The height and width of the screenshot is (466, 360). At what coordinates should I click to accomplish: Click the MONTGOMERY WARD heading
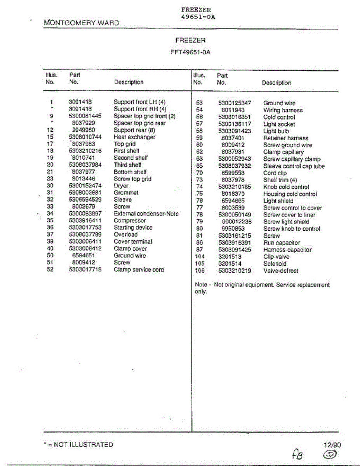pos(82,23)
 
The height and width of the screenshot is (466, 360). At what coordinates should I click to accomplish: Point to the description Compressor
pos(130,221)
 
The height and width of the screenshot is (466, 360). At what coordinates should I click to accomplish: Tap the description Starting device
pos(133,228)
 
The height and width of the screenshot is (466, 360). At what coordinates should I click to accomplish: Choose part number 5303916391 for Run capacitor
pos(235,243)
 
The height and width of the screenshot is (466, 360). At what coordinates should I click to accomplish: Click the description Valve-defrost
pos(281,271)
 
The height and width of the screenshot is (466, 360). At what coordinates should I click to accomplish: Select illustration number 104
pos(199,257)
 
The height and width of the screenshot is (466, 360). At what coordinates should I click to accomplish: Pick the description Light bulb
pos(276,131)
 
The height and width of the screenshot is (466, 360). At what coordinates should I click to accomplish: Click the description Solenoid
pos(275,264)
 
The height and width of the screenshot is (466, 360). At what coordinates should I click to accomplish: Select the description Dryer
pos(121,186)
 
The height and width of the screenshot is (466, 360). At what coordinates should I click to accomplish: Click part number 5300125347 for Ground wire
pos(235,103)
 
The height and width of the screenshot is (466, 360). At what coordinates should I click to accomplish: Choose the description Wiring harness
pos(283,110)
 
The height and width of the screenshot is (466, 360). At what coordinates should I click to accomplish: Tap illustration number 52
pos(50,270)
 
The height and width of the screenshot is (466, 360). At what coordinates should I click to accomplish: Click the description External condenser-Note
pos(146,214)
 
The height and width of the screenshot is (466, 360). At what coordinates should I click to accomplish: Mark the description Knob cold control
pos(286,187)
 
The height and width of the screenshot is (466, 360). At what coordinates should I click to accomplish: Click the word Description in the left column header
pos(129,82)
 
